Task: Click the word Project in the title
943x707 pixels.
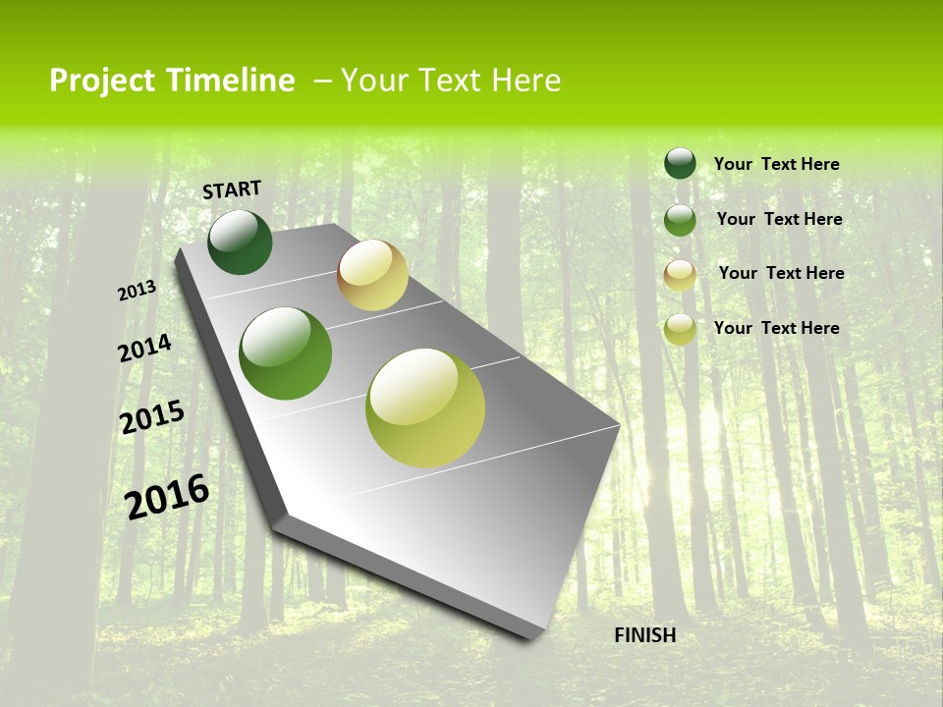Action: tap(103, 81)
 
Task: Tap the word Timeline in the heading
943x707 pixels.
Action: tap(231, 81)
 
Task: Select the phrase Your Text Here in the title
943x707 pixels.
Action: tap(450, 81)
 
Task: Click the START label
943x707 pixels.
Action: tap(232, 190)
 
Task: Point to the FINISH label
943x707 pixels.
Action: tap(644, 635)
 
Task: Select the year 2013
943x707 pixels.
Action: tap(137, 291)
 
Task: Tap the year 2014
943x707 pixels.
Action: tap(144, 349)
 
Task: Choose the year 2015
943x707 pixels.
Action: tap(152, 417)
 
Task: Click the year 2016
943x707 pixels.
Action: tap(167, 496)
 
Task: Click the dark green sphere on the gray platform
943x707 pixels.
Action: tap(240, 243)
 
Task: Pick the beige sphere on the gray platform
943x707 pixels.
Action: tap(372, 275)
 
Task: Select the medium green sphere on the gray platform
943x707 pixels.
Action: tap(286, 353)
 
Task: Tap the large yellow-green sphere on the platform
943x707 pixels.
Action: tap(425, 408)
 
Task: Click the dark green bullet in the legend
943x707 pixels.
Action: tap(680, 163)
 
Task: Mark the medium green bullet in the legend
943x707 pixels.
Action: tap(680, 220)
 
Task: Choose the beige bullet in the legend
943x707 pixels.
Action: tap(680, 275)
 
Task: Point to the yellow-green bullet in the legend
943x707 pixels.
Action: tap(680, 330)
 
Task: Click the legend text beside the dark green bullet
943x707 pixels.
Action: tap(776, 164)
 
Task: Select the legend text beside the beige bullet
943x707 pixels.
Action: tap(781, 273)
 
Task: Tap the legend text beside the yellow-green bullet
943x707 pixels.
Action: tap(776, 328)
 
